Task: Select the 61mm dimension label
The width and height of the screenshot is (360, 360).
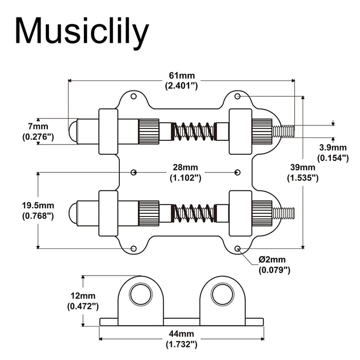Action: pyautogui.click(x=182, y=81)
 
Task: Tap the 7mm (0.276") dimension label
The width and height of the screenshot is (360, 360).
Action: pyautogui.click(x=38, y=131)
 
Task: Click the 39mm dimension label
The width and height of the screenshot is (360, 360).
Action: pyautogui.click(x=302, y=172)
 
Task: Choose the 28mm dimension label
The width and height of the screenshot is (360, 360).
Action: pyautogui.click(x=185, y=172)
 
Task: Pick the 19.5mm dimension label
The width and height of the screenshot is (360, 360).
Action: pyautogui.click(x=38, y=210)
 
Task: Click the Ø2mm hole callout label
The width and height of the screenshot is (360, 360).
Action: pyautogui.click(x=274, y=264)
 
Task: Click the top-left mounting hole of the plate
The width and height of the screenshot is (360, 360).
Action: pyautogui.click(x=134, y=96)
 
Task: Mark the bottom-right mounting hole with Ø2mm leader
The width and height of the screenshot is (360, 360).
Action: pyautogui.click(x=238, y=249)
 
